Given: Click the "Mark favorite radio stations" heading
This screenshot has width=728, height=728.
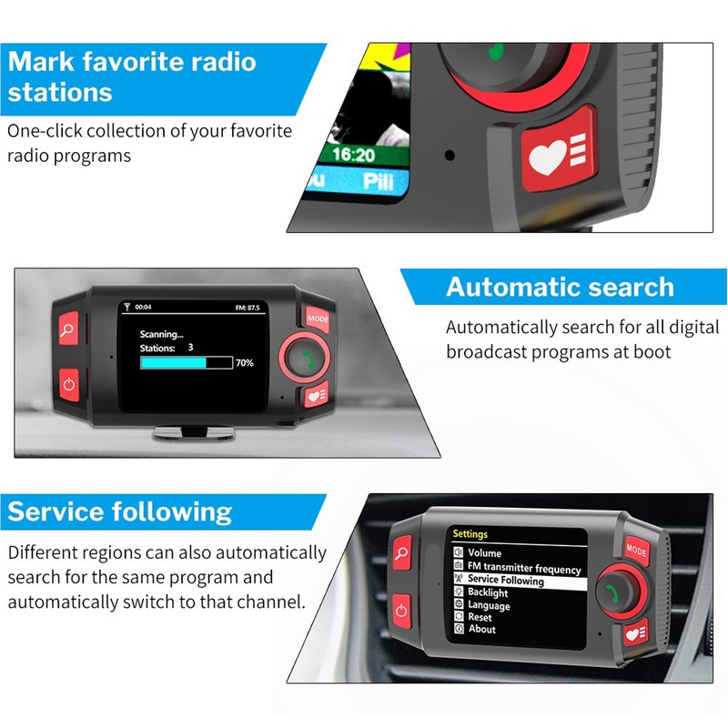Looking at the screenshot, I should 133,76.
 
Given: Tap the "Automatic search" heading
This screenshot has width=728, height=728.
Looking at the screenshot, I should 560,288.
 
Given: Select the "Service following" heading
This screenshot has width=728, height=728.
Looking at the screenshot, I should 119,511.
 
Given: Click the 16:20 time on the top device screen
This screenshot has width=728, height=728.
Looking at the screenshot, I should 352,154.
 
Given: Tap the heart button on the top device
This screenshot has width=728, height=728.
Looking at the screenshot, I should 557,157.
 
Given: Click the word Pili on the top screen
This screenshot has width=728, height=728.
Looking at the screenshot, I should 378,179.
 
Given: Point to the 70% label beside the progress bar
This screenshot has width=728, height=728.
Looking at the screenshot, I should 244,362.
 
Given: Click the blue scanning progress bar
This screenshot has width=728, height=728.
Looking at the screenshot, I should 174,362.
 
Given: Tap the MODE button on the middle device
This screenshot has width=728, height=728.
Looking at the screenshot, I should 318,318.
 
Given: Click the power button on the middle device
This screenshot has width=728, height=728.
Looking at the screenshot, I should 70,383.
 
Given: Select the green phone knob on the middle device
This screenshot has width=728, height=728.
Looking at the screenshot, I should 300,357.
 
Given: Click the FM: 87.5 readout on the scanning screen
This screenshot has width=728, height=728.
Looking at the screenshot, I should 247,308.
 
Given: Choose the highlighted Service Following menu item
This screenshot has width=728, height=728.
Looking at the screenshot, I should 505,581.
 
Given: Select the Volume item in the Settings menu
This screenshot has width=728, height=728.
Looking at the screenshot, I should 484,553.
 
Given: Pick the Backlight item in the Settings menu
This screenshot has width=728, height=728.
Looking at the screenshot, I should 488,593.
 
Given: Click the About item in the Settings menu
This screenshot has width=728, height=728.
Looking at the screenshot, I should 482,629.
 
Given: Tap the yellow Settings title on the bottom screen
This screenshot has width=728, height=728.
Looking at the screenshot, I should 470,534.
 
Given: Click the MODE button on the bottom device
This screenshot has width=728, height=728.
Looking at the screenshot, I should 636,550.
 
